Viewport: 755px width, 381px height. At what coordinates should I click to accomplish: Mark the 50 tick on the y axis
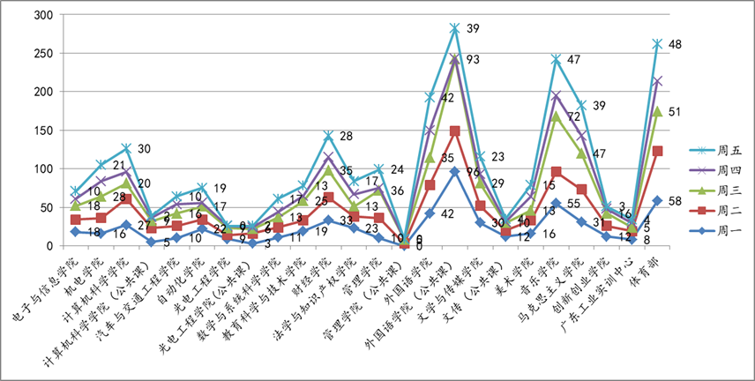click(x=46, y=207)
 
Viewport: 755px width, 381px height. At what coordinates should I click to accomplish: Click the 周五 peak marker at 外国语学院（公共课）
click(x=455, y=28)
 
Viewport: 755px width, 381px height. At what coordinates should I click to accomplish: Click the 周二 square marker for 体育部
click(x=658, y=151)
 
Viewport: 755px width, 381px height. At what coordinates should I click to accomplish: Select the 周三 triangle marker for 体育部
click(x=658, y=111)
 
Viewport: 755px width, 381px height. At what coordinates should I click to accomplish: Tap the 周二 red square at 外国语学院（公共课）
click(x=455, y=131)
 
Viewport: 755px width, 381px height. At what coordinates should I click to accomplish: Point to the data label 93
click(x=473, y=60)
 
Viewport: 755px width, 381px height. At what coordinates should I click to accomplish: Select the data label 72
click(x=573, y=116)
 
